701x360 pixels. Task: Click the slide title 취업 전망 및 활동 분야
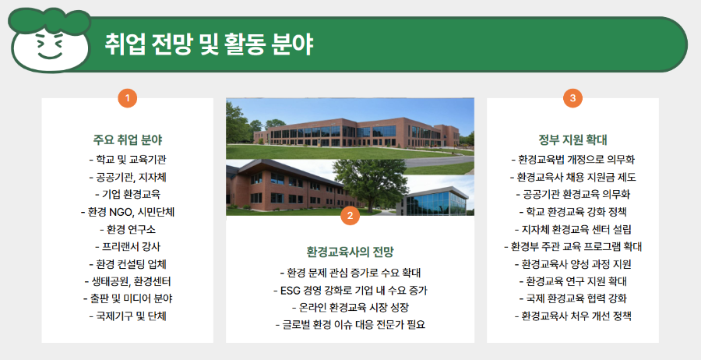click(x=209, y=44)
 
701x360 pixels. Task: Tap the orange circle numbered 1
click(x=127, y=98)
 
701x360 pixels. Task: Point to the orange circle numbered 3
click(x=572, y=98)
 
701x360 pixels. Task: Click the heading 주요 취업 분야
click(x=127, y=140)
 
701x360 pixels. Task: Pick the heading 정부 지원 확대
click(x=572, y=140)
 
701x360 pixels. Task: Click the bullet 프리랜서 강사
click(x=127, y=246)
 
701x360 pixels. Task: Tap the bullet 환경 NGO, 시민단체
click(x=127, y=211)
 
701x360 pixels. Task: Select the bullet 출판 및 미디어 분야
click(x=127, y=298)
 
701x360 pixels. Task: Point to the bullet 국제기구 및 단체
click(x=127, y=316)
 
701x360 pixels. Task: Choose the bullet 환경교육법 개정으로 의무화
click(x=572, y=159)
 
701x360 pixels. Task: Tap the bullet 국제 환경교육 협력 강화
click(x=572, y=298)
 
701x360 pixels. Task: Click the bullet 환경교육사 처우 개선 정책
click(x=572, y=316)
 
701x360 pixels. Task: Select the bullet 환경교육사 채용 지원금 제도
click(x=572, y=177)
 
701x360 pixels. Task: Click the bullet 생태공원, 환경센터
click(x=127, y=281)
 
